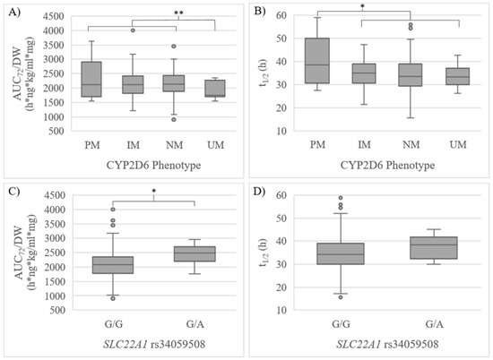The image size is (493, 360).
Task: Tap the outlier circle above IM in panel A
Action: pyautogui.click(x=133, y=30)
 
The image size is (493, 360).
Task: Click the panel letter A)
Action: pyautogui.click(x=12, y=11)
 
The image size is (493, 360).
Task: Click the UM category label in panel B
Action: pyautogui.click(x=452, y=143)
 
